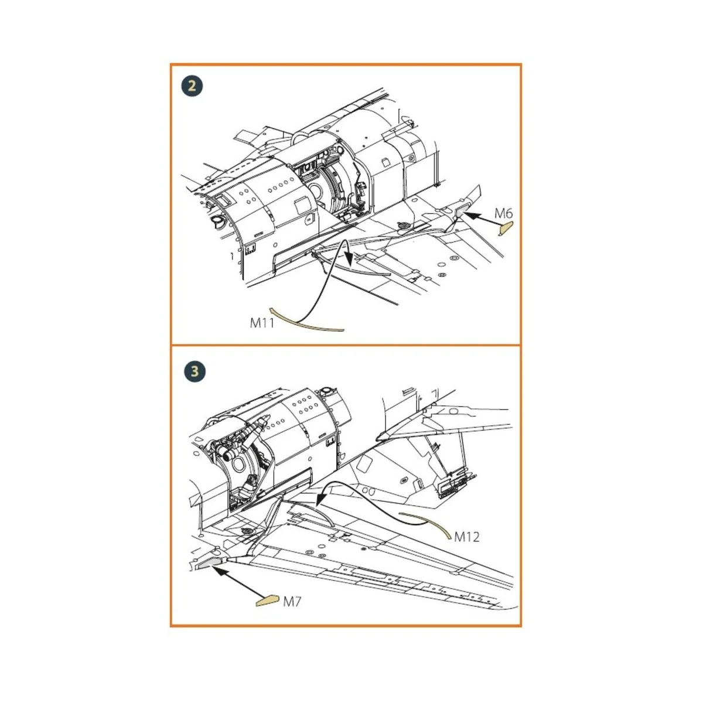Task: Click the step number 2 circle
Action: click(x=192, y=86)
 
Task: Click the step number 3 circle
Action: click(x=194, y=371)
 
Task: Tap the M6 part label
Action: click(x=503, y=213)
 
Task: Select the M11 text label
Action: click(x=262, y=322)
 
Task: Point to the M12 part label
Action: click(x=467, y=536)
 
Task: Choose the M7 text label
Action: click(x=292, y=601)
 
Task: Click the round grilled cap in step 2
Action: click(x=403, y=225)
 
